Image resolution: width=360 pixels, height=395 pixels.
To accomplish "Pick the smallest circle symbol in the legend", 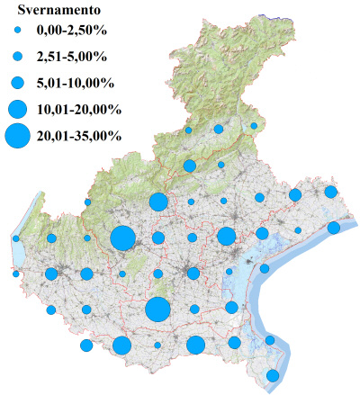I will coord(18,32).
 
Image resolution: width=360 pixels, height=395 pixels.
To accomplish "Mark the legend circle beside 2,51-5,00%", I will coord(18,58).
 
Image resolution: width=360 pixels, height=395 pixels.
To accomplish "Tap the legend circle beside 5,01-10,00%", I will coord(18,83).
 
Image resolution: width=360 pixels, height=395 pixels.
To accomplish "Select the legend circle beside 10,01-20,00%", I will coord(18,110).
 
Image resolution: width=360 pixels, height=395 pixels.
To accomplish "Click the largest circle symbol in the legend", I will coord(18,137).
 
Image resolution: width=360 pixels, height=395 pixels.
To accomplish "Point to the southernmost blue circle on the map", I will coord(273,375).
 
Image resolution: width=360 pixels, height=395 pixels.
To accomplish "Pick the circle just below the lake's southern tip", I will coord(16,274).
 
